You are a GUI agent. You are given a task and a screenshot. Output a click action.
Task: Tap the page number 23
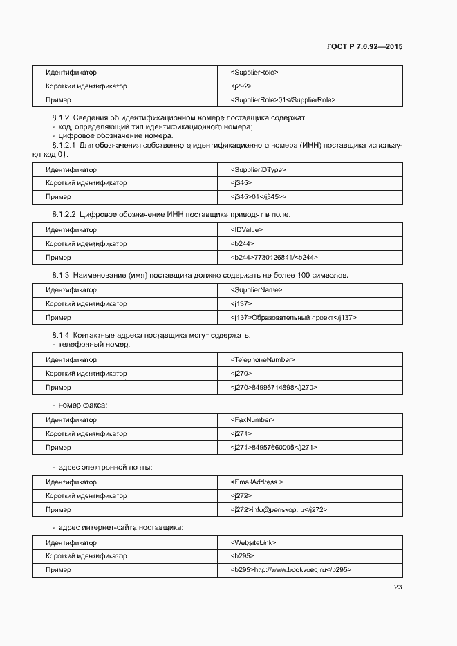(x=398, y=587)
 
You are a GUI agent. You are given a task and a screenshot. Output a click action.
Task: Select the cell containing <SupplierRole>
(x=254, y=73)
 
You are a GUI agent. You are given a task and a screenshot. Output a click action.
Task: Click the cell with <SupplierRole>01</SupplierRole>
(x=283, y=100)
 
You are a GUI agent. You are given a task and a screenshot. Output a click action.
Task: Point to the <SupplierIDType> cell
(x=258, y=169)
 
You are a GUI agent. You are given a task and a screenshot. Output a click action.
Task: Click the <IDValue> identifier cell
(x=247, y=229)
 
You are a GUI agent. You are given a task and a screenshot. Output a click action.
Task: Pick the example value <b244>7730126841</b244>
(x=274, y=257)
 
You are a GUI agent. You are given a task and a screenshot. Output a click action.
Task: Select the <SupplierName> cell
(x=257, y=290)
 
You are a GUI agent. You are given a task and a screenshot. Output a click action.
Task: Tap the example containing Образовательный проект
(x=294, y=318)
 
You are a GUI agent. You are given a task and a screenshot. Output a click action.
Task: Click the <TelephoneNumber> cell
(x=263, y=359)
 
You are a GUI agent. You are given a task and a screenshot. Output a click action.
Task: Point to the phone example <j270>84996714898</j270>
(x=274, y=387)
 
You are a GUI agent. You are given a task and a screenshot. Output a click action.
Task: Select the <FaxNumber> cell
(x=252, y=419)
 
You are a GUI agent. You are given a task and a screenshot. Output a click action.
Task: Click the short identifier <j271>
(x=241, y=433)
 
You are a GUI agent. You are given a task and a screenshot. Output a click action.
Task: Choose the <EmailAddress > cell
(x=257, y=482)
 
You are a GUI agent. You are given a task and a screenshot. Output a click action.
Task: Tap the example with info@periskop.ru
(x=279, y=510)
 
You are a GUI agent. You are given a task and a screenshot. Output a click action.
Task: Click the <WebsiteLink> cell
(x=253, y=542)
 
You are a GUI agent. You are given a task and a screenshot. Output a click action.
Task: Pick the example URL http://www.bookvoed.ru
(x=291, y=570)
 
